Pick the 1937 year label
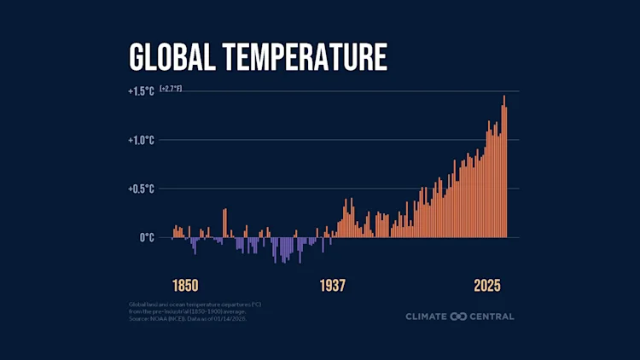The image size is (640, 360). point(333,286)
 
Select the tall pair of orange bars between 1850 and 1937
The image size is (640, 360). point(225,223)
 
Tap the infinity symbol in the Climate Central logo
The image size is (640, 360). point(458,316)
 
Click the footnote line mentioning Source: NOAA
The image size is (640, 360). point(183,319)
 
